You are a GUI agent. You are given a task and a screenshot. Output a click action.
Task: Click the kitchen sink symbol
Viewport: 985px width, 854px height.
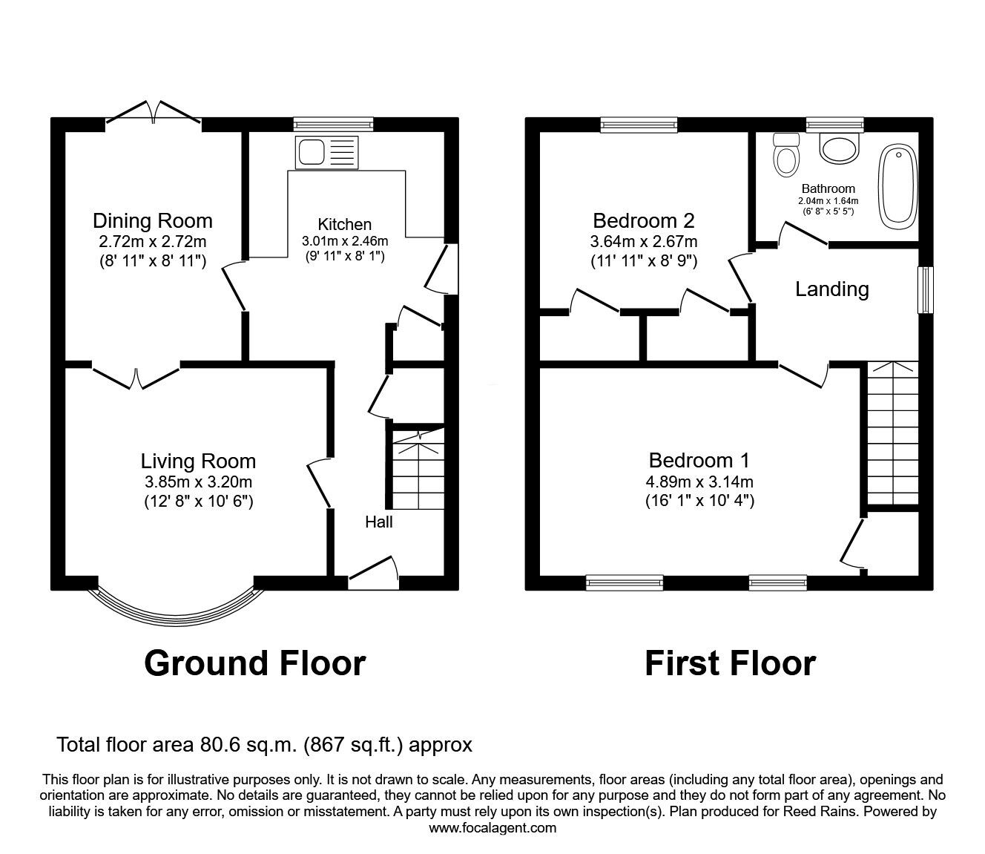point(326,152)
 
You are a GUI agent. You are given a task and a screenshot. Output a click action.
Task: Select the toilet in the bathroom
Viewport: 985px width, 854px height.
point(784,154)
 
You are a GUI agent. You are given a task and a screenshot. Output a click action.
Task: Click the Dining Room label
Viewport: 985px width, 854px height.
point(152,220)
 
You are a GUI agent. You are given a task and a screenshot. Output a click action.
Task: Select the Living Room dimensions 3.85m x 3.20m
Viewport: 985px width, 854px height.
point(199,482)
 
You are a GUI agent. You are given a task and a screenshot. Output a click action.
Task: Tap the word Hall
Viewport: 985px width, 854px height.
point(378,522)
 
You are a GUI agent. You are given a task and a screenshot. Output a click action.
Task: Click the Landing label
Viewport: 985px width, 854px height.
point(831,289)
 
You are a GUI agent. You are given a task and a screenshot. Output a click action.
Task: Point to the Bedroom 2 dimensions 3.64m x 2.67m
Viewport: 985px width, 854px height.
point(643,242)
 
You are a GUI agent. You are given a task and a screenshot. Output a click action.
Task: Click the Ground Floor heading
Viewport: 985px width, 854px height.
point(254,663)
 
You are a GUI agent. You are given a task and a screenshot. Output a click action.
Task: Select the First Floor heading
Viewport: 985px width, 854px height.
point(730,663)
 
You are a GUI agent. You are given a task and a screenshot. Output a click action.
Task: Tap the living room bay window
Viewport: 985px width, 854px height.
point(176,605)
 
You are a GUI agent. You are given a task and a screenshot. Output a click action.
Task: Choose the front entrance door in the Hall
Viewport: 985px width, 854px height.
point(373,574)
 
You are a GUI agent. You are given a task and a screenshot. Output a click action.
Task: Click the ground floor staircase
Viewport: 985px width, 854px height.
point(417,470)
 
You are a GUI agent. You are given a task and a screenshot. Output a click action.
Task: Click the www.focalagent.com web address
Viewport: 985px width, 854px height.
point(492,828)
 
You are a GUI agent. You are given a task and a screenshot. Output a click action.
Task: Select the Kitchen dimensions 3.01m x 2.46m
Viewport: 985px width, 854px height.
point(345,241)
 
